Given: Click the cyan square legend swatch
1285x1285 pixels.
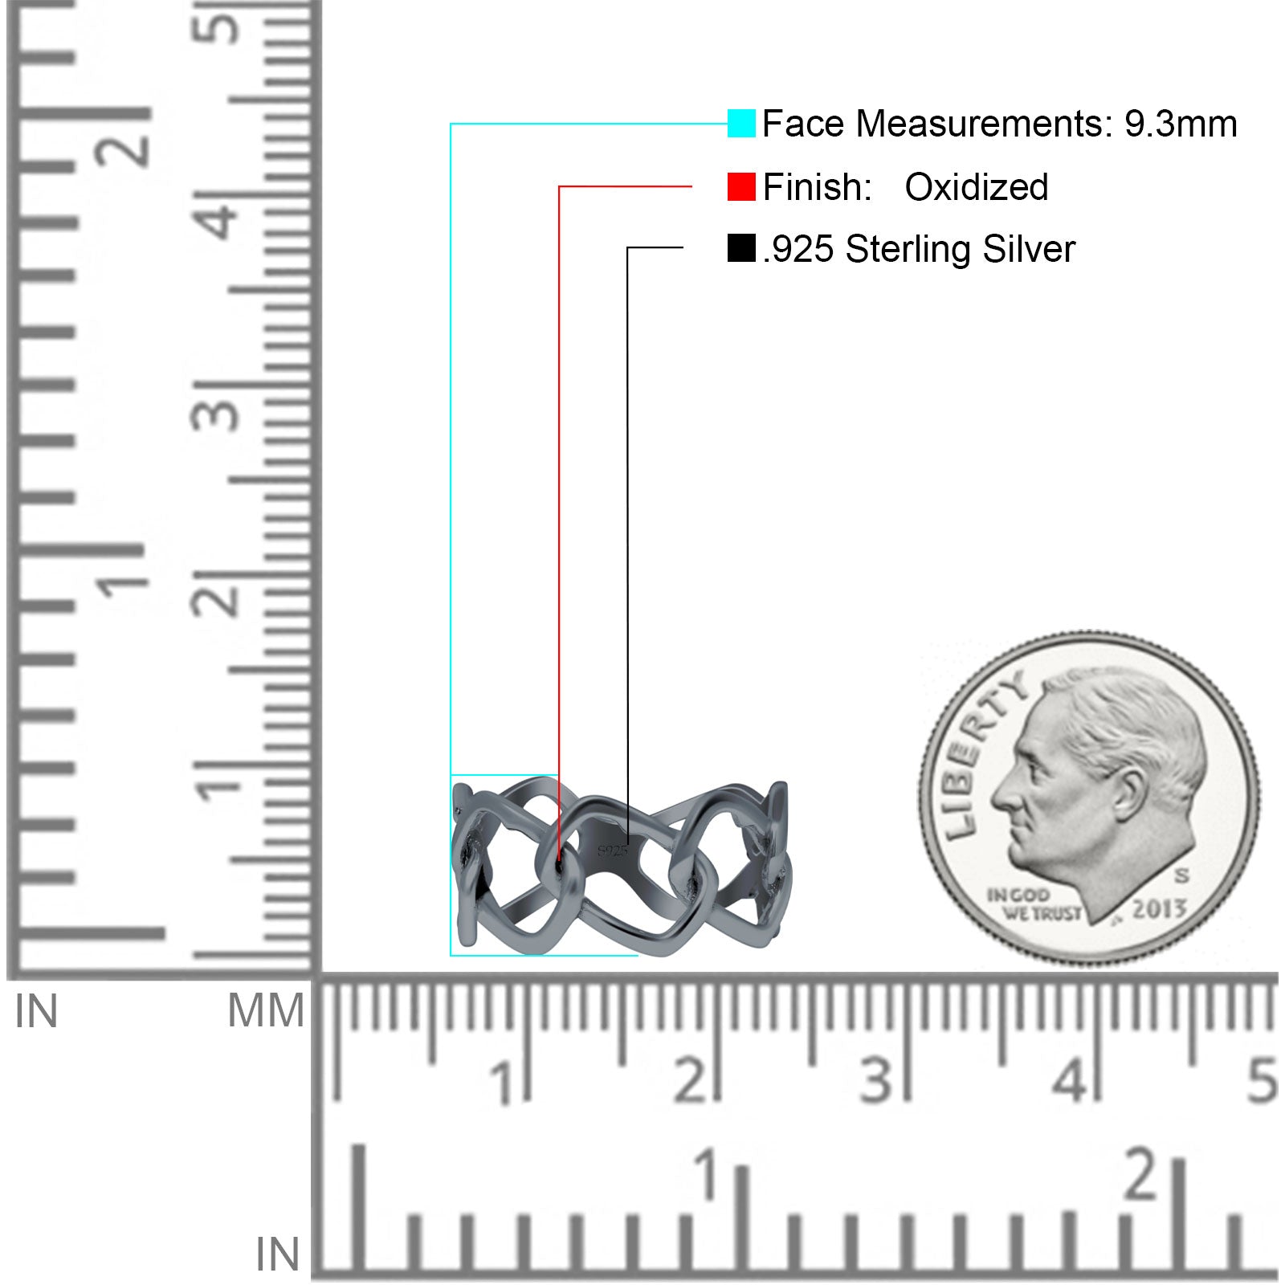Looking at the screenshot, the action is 741,124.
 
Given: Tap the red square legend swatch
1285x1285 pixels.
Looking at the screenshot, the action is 741,187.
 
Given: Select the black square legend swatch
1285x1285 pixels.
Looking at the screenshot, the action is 741,248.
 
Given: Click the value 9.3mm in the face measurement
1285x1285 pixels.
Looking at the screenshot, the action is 1181,124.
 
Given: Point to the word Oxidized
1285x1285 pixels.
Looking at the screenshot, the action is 977,187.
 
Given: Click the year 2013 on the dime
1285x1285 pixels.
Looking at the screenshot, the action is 1160,908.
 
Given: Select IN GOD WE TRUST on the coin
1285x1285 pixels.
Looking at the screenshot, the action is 1034,904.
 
